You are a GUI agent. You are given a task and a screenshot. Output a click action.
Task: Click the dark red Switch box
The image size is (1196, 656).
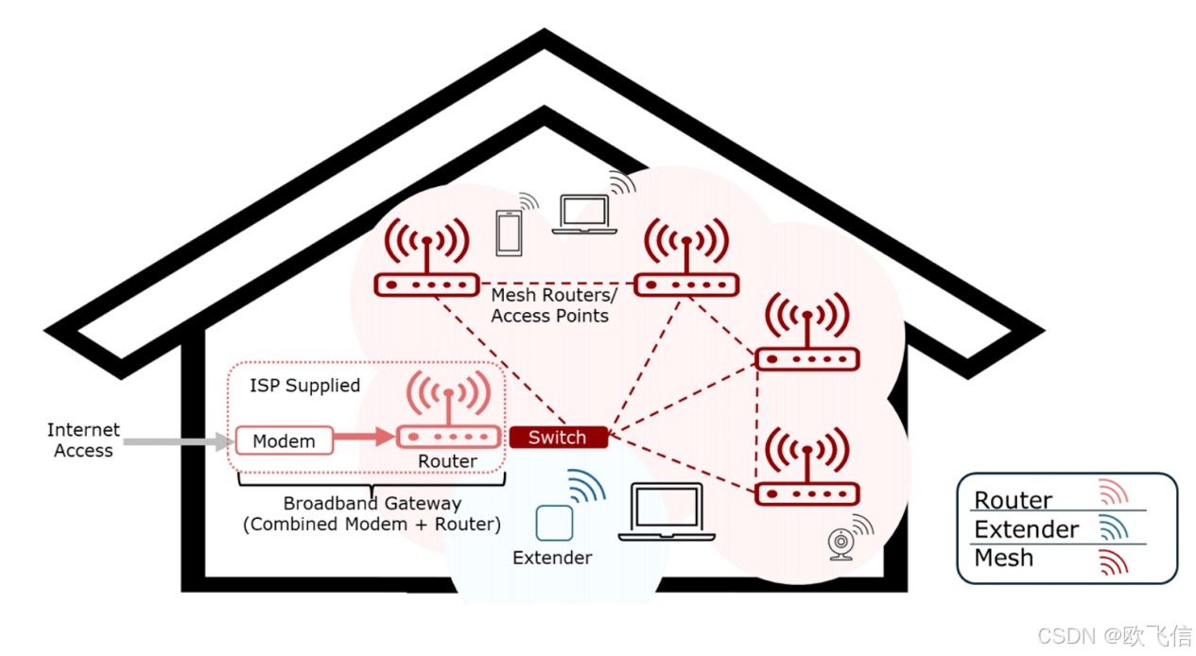tap(557, 437)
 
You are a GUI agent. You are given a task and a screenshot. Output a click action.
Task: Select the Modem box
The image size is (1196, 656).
tap(284, 440)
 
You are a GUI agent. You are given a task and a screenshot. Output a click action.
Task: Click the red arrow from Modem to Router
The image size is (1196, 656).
tap(365, 437)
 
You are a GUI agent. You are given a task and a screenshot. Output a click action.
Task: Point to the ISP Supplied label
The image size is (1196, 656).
tap(304, 386)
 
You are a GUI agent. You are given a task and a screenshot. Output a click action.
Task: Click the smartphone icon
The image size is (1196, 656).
tap(509, 231)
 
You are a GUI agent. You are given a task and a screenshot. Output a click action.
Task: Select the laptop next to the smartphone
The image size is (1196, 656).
tap(585, 215)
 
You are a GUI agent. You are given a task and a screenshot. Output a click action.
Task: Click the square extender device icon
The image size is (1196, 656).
tap(554, 523)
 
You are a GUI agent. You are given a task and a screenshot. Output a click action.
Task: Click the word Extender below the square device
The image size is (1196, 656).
tap(552, 558)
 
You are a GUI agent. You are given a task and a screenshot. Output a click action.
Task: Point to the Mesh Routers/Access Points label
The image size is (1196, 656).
tap(550, 305)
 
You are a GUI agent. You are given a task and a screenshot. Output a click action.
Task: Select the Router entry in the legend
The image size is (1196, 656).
tap(1013, 500)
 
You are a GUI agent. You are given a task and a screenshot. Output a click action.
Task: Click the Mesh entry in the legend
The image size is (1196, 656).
tap(1003, 559)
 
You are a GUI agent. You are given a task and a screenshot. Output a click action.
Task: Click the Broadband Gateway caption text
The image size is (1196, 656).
tap(373, 513)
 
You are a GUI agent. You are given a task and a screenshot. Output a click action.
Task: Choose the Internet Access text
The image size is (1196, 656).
tap(83, 440)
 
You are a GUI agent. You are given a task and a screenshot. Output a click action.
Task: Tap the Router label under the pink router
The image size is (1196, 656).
tap(448, 461)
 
